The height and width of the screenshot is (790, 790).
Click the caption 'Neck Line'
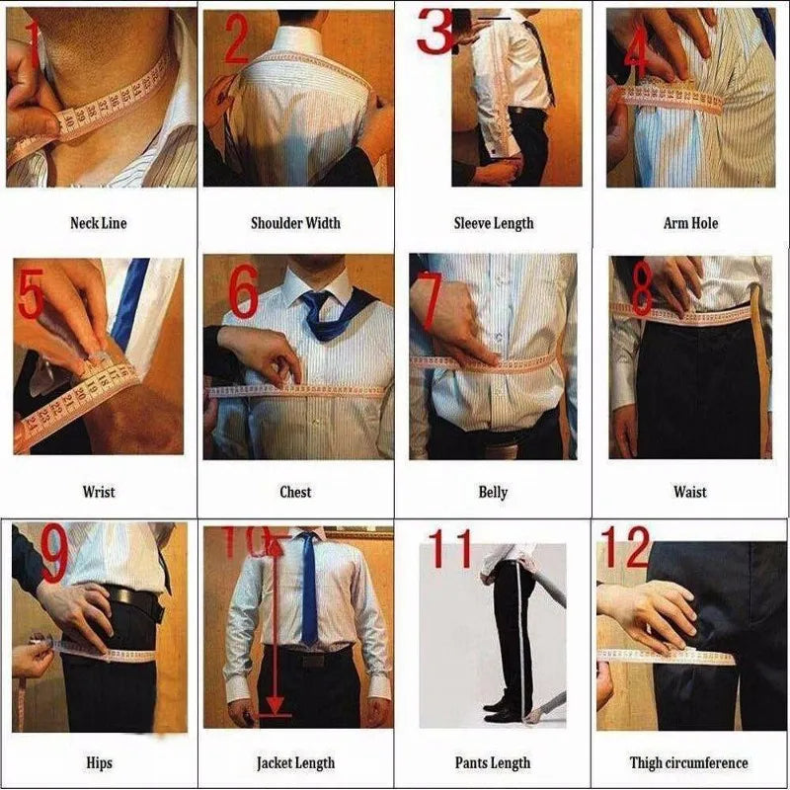[x=98, y=223]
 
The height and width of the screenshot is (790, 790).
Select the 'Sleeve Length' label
[x=493, y=223]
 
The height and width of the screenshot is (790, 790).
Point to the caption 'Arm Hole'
[x=690, y=223]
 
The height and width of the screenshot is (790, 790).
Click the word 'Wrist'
[x=98, y=492]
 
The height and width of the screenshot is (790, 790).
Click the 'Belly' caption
[x=493, y=492]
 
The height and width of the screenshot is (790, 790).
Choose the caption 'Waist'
[x=690, y=492]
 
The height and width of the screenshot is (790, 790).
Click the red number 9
[x=54, y=555]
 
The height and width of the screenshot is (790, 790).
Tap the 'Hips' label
[x=99, y=762]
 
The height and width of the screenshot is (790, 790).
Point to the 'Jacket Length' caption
[x=295, y=762]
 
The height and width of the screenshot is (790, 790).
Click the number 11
[x=452, y=550]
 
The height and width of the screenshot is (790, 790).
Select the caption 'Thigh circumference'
[x=688, y=762]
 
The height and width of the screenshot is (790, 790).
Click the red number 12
[x=625, y=547]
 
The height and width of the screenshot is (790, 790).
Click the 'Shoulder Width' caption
[x=295, y=223]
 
